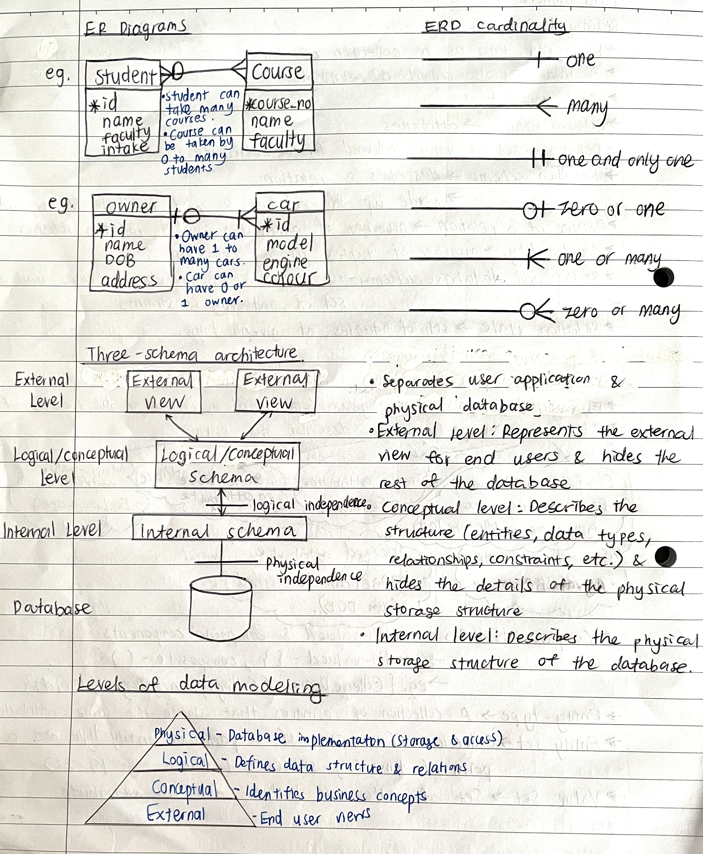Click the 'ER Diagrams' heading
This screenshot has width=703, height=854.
point(135,28)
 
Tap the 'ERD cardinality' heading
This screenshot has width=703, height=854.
point(494,26)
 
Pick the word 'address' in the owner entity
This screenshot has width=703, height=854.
point(129,280)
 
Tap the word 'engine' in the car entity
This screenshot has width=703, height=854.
point(285,262)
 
